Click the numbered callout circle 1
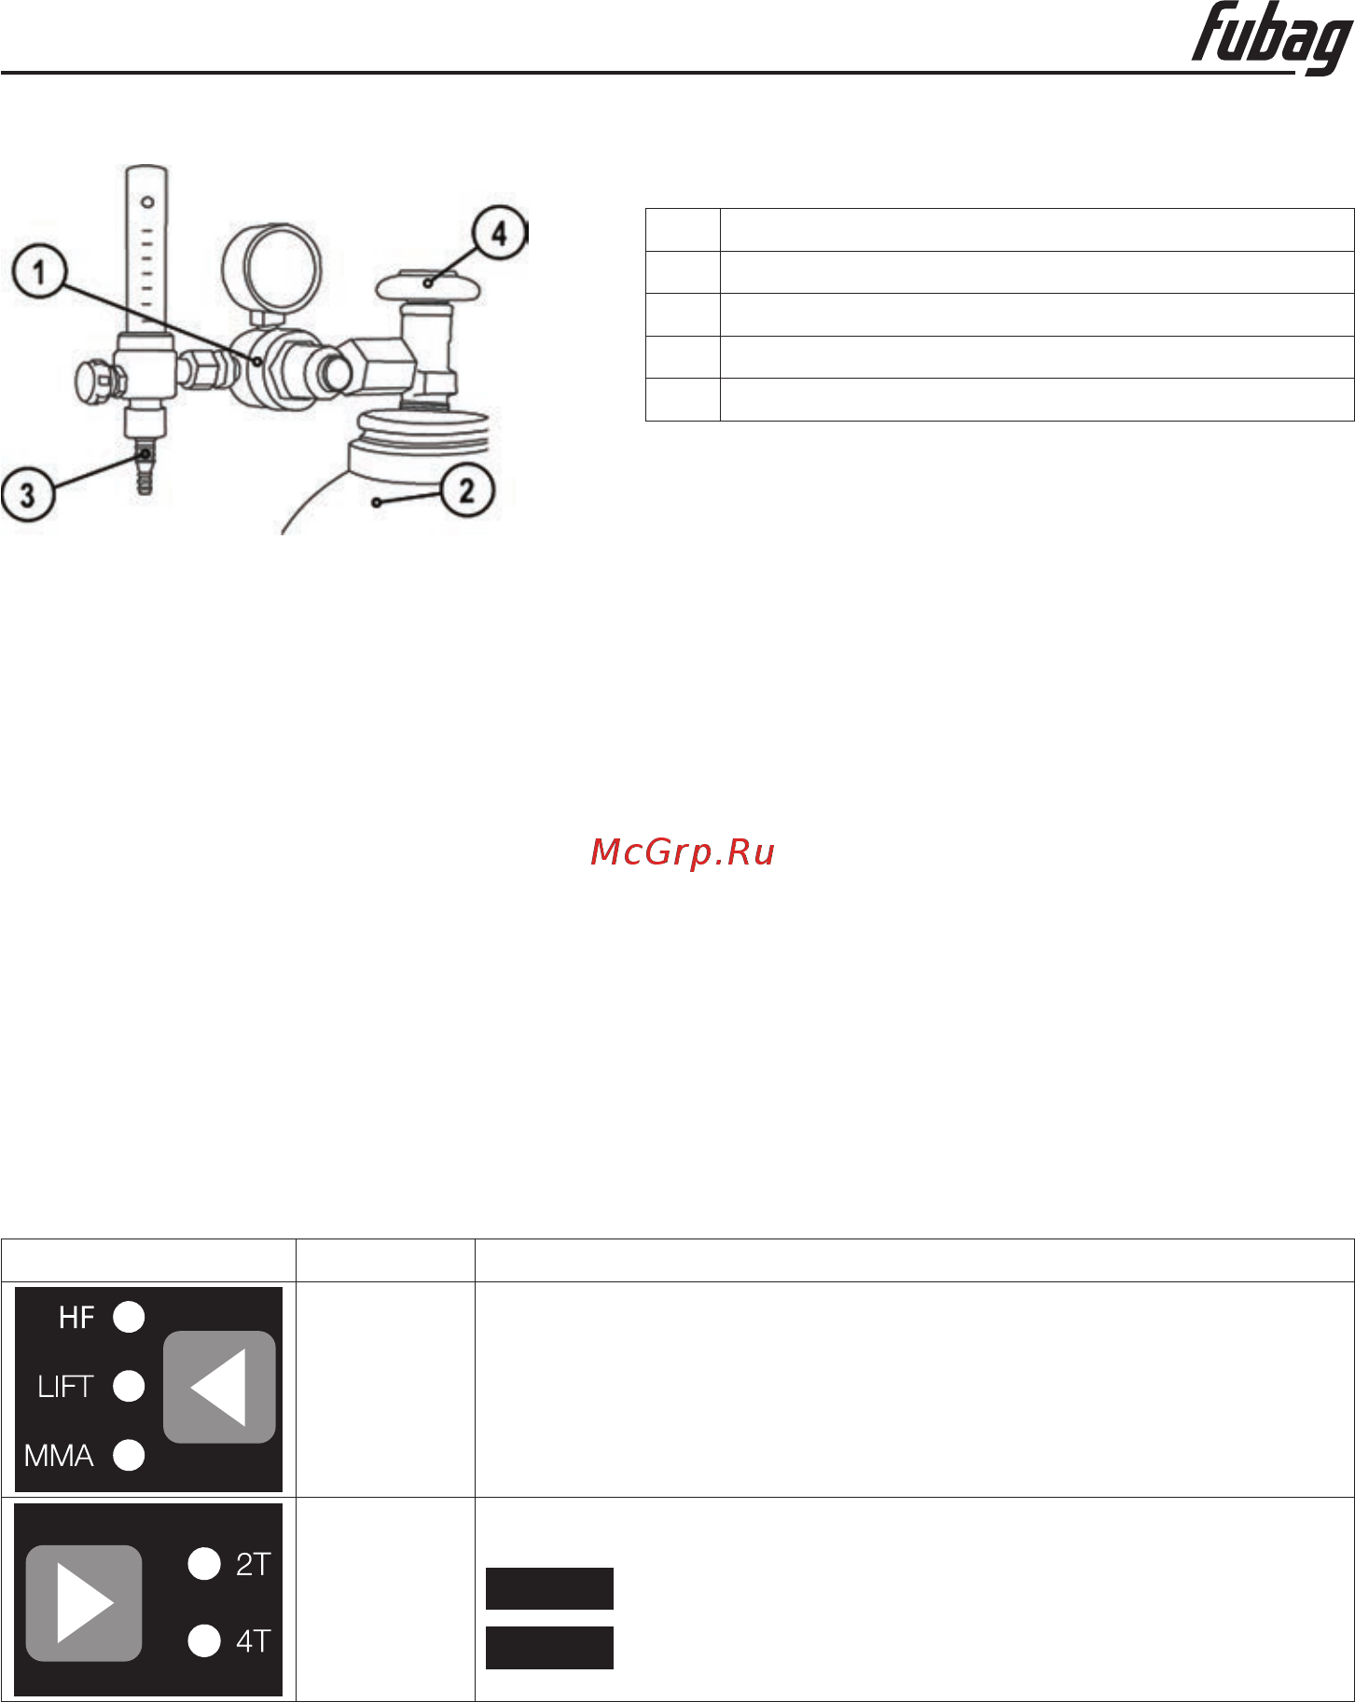pyautogui.click(x=39, y=272)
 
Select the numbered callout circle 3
pyautogui.click(x=27, y=494)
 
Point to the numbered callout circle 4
pyautogui.click(x=500, y=233)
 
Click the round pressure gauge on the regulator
pyautogui.click(x=271, y=268)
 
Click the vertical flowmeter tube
pyautogui.click(x=146, y=249)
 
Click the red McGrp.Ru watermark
pyautogui.click(x=683, y=852)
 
